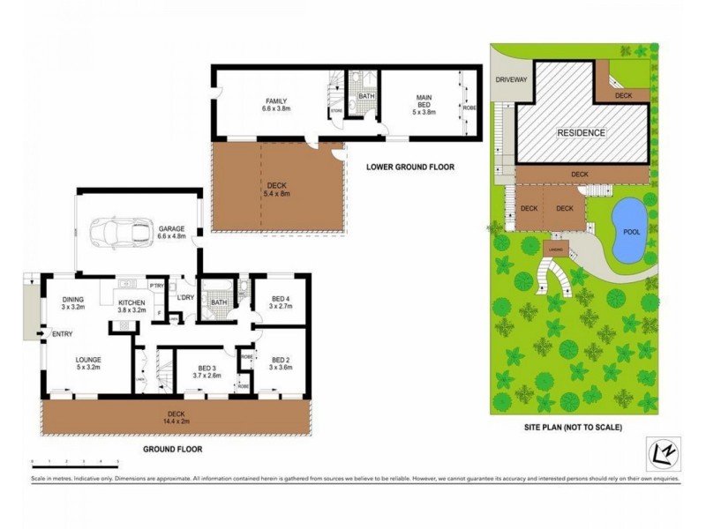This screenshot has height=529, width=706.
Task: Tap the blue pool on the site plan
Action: pyautogui.click(x=628, y=231)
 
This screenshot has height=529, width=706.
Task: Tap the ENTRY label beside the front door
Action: pyautogui.click(x=63, y=333)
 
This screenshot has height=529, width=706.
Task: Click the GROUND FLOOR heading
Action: pyautogui.click(x=173, y=449)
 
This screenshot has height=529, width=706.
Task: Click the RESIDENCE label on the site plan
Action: pyautogui.click(x=581, y=132)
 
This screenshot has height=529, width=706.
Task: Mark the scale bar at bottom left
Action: pyautogui.click(x=75, y=461)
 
